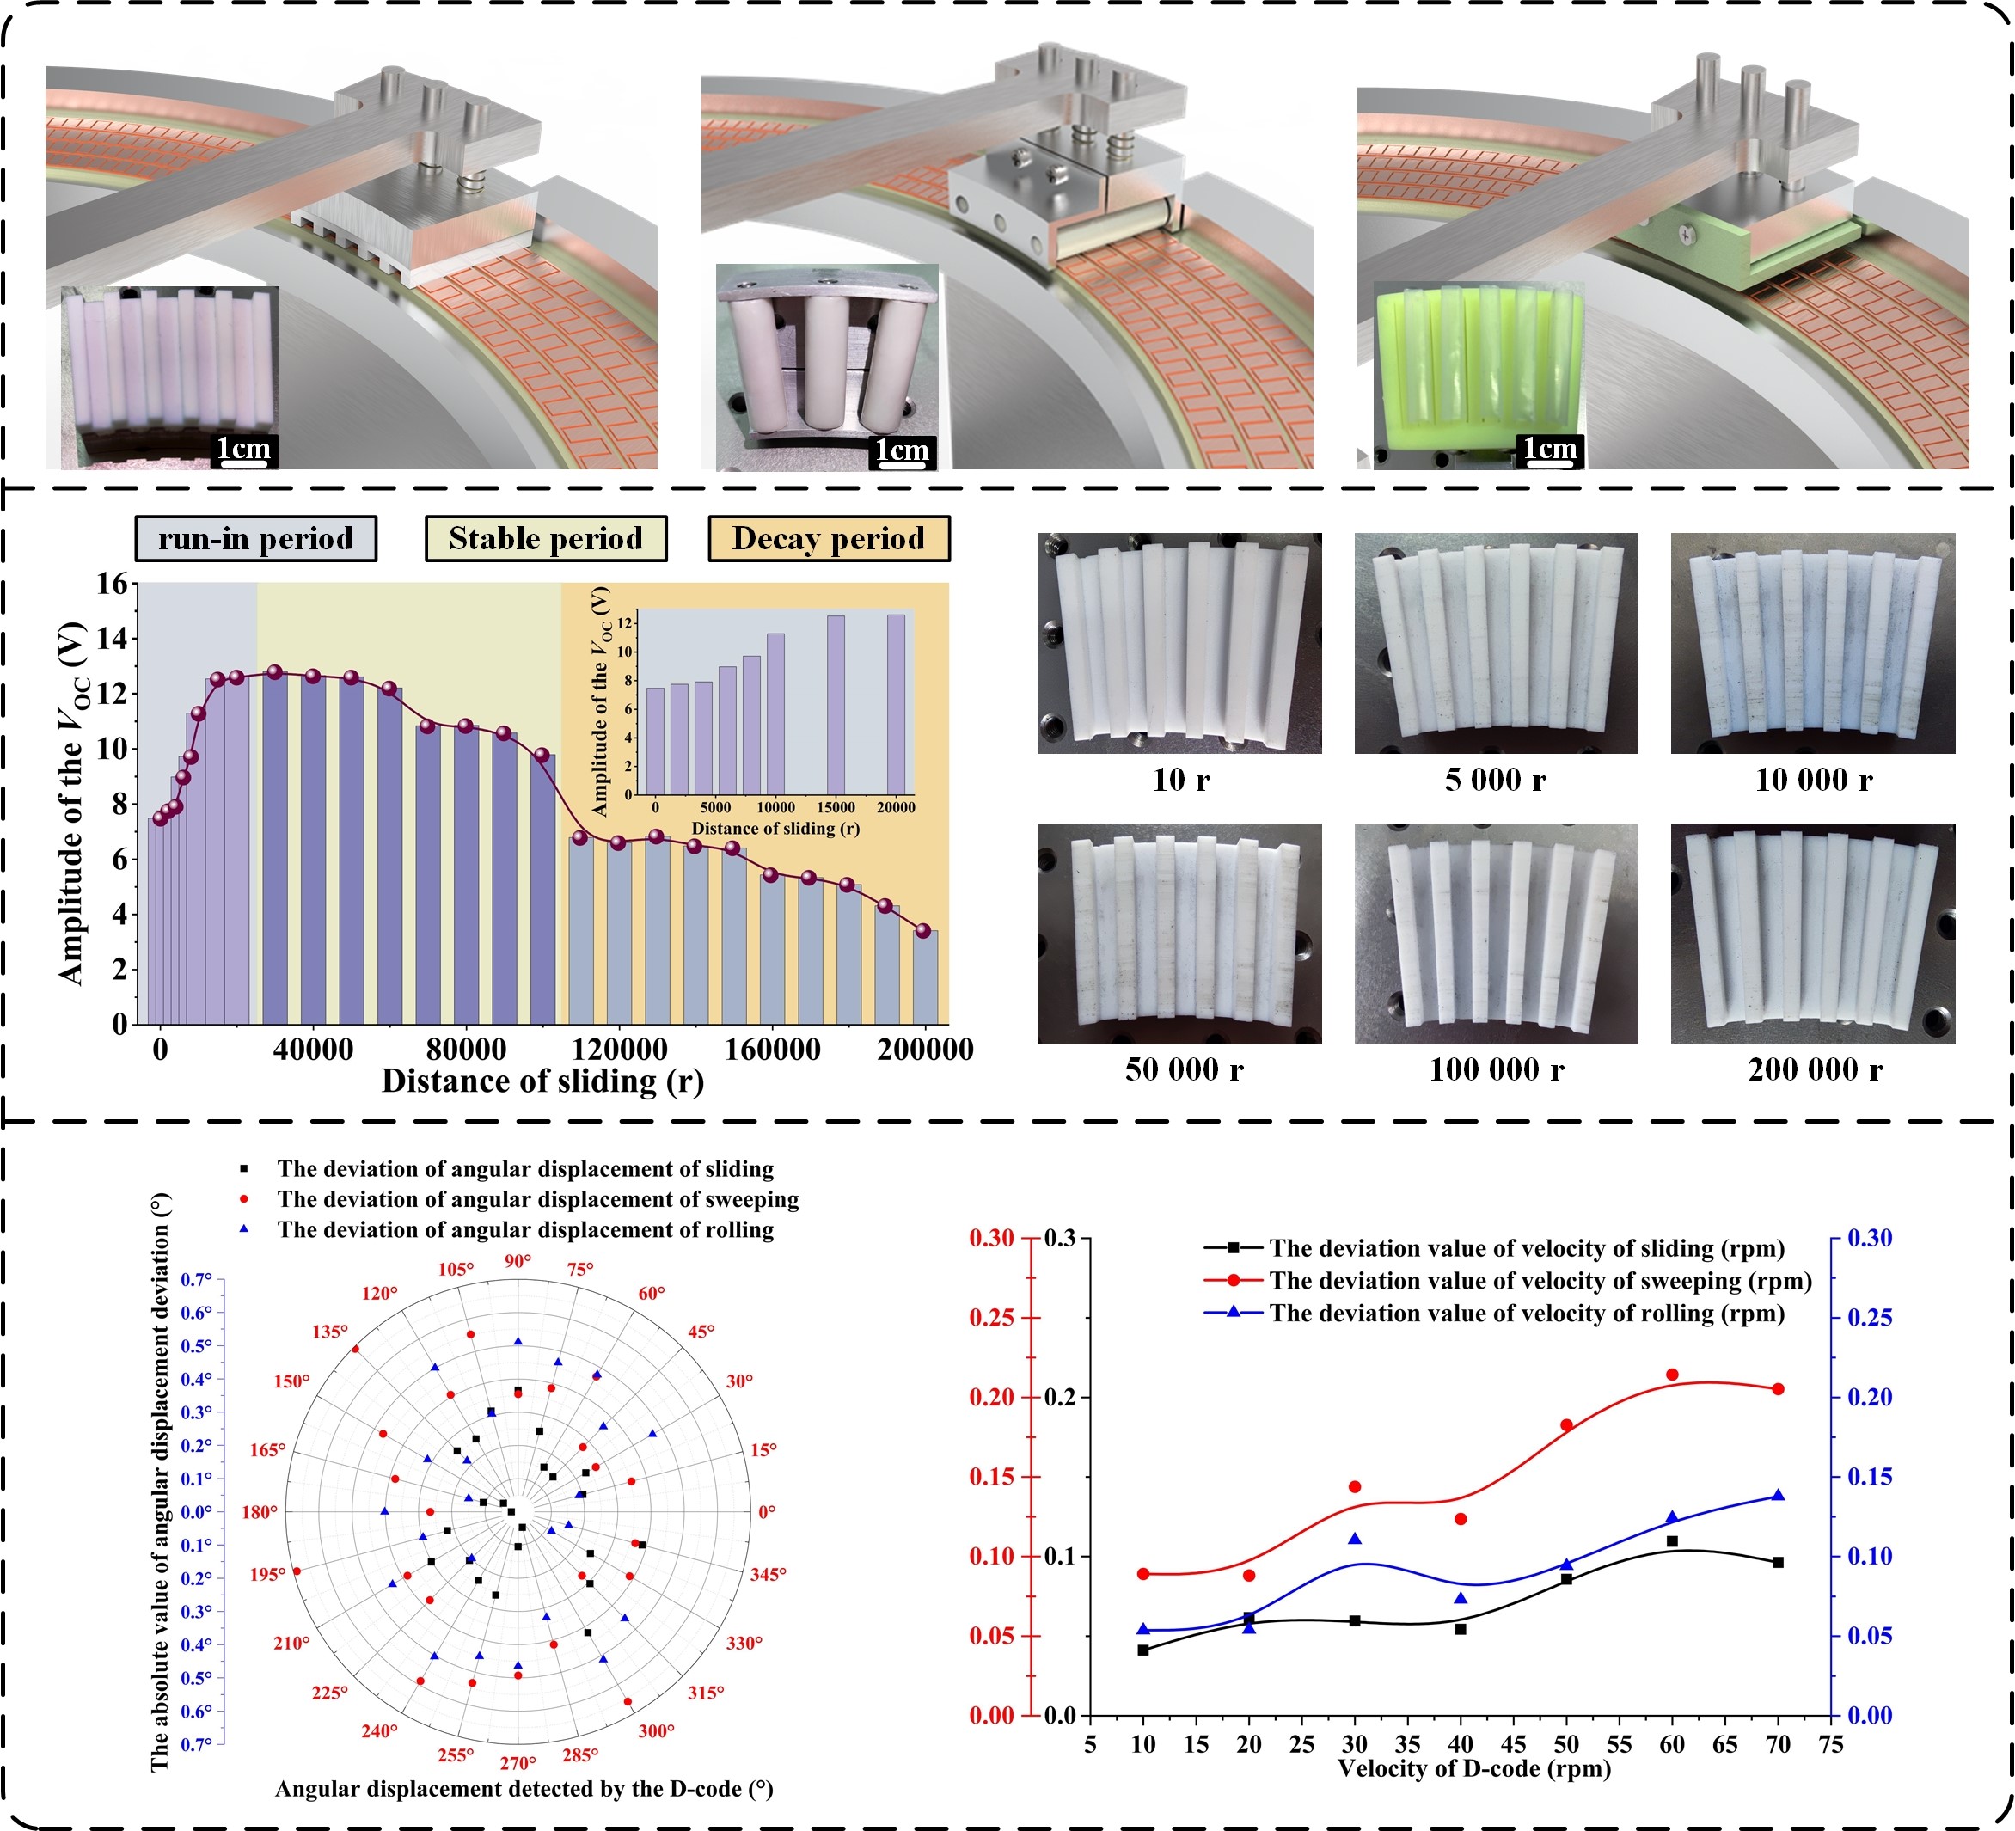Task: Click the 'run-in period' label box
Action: click(x=256, y=539)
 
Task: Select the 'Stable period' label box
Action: click(x=546, y=539)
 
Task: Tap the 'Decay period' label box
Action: click(x=829, y=539)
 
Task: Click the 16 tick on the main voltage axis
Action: click(x=112, y=584)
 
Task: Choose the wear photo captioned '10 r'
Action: click(x=1179, y=643)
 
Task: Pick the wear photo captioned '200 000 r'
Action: click(x=1813, y=934)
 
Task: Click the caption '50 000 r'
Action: click(x=1184, y=1070)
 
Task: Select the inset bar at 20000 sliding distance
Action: click(x=897, y=704)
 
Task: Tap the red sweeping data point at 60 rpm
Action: click(x=1672, y=1375)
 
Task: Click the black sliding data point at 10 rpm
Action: click(x=1143, y=1650)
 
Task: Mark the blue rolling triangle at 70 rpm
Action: click(x=1778, y=1495)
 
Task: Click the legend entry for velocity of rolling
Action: click(x=1526, y=1314)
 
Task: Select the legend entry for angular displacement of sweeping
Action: click(x=538, y=1199)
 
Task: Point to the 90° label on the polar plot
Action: click(x=518, y=1261)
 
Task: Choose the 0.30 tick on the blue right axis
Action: click(x=1869, y=1239)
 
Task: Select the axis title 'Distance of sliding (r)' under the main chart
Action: click(x=542, y=1081)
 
